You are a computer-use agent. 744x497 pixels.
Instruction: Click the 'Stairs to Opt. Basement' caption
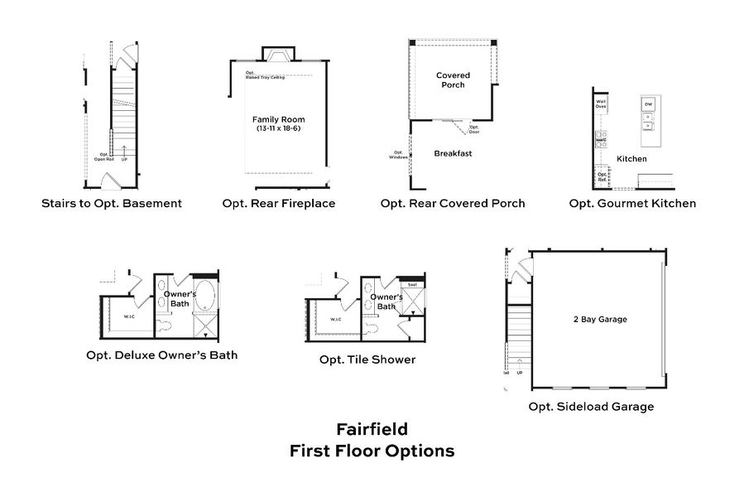click(111, 203)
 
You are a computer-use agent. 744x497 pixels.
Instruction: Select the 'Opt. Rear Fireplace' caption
click(279, 203)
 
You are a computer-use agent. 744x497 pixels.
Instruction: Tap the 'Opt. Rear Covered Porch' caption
click(453, 203)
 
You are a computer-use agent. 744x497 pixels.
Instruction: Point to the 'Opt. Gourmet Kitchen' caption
click(632, 203)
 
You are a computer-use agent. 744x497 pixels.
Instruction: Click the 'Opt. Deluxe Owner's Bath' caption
click(162, 355)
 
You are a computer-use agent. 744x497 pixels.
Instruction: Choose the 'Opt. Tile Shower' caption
click(367, 359)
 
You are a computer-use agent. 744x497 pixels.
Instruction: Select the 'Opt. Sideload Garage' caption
click(592, 407)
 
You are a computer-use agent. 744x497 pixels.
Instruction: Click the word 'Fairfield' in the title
click(372, 430)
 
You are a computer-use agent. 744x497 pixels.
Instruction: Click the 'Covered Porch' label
click(453, 80)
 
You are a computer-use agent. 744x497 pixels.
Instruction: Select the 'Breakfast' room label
click(453, 153)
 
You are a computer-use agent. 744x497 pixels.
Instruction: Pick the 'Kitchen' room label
click(631, 158)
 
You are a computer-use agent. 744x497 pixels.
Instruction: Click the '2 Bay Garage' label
click(600, 319)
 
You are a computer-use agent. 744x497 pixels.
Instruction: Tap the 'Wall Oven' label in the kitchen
click(601, 104)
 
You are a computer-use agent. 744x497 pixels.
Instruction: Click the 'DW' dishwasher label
click(649, 104)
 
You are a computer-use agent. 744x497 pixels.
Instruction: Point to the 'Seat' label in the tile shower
click(410, 285)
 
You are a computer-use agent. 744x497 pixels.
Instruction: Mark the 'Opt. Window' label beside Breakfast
click(398, 154)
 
